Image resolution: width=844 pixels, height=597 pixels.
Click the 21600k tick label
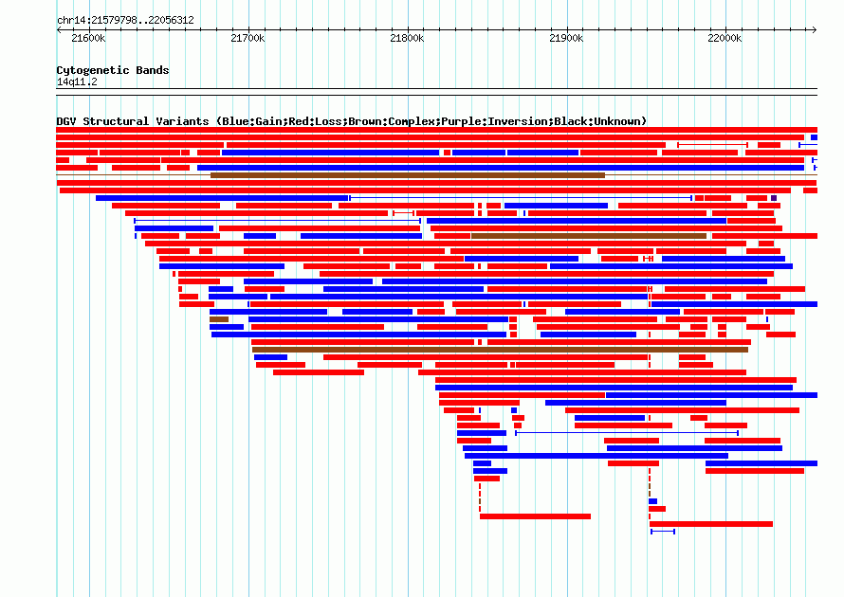(88, 38)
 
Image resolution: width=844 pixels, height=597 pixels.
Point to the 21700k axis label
(248, 38)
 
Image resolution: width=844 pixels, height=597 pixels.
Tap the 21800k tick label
(407, 38)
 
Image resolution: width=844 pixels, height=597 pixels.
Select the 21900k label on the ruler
(566, 38)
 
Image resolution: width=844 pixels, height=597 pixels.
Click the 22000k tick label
(725, 38)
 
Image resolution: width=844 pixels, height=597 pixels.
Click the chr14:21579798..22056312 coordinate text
(125, 21)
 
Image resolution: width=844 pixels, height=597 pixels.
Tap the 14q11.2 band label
(77, 81)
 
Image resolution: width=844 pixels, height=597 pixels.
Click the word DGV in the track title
(66, 121)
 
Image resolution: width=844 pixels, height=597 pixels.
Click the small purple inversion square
(774, 198)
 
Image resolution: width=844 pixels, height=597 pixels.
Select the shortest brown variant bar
(219, 319)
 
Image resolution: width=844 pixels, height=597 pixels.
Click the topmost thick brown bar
(408, 175)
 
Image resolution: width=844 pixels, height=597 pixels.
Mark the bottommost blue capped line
(663, 532)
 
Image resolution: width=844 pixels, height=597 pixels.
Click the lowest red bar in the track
(711, 524)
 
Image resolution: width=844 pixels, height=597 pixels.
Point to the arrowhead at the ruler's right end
(815, 29)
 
